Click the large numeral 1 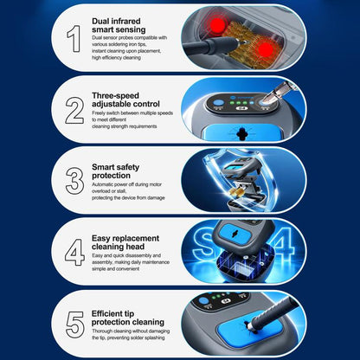[x=74, y=39]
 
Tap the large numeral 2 [x=74, y=111]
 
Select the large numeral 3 [x=74, y=181]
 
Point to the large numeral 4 [x=74, y=252]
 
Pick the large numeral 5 [x=75, y=325]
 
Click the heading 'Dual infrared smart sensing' [x=119, y=25]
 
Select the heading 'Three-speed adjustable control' [x=125, y=100]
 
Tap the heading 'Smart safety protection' [x=115, y=171]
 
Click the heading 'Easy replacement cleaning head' [x=125, y=242]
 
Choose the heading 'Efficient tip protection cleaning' [x=128, y=318]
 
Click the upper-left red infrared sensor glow [x=218, y=24]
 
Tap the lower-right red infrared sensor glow [x=266, y=50]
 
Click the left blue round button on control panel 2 [x=218, y=102]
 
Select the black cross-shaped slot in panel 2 [x=241, y=133]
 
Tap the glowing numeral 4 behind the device [x=283, y=244]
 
